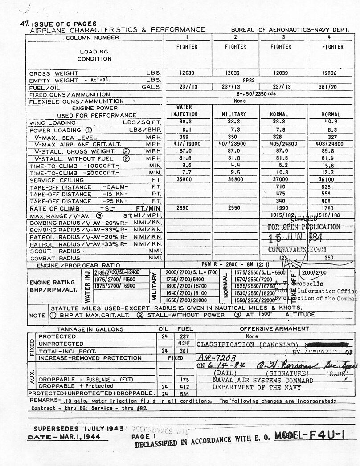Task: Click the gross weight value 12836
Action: coord(330,73)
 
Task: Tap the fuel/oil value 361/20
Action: coord(330,87)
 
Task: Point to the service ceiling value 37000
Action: coord(282,180)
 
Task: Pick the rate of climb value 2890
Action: coord(184,208)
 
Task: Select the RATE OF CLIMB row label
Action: coord(55,208)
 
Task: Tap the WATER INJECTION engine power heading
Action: coord(184,111)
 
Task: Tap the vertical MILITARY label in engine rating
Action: coord(154,286)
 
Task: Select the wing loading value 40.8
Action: coord(330,122)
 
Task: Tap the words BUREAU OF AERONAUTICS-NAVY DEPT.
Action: coord(290,29)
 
